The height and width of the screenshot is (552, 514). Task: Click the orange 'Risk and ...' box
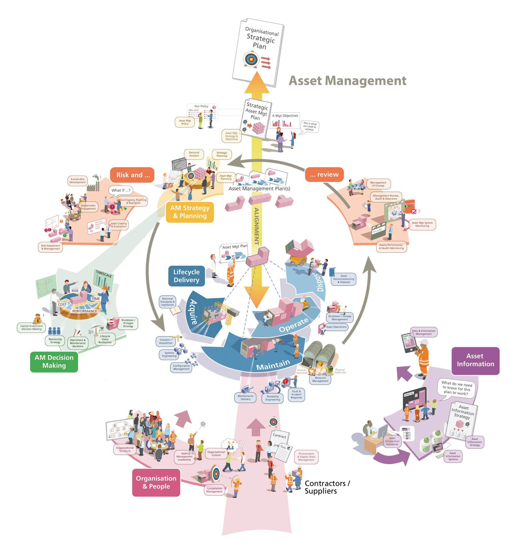pyautogui.click(x=132, y=175)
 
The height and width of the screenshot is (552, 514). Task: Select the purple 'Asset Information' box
pyautogui.click(x=475, y=360)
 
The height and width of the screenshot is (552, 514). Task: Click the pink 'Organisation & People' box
pyautogui.click(x=156, y=482)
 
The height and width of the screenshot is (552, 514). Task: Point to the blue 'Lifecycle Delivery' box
pyautogui.click(x=186, y=276)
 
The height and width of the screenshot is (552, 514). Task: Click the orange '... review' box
pyautogui.click(x=324, y=174)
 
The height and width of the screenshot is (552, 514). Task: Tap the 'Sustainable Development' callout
pyautogui.click(x=77, y=181)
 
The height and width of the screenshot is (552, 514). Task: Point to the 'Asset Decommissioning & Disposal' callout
pyautogui.click(x=343, y=279)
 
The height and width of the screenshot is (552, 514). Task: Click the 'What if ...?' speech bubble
pyautogui.click(x=121, y=190)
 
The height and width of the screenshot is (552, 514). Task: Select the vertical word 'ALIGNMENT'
pyautogui.click(x=257, y=226)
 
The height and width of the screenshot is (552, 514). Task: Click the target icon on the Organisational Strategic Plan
pyautogui.click(x=251, y=59)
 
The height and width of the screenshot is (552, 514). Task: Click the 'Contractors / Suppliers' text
pyautogui.click(x=327, y=487)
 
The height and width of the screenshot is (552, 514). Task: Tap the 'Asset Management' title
pyautogui.click(x=347, y=81)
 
